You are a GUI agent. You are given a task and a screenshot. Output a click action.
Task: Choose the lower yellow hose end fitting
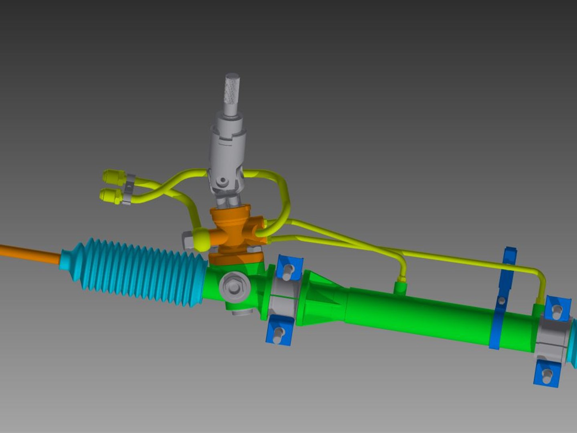[x=110, y=196]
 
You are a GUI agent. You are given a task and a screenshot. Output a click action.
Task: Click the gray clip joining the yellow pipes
[x=129, y=188]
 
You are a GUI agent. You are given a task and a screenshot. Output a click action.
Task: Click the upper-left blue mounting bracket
[x=289, y=269]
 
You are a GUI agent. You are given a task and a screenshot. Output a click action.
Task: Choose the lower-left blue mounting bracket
[x=279, y=331]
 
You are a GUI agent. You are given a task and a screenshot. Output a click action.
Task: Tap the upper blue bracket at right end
[x=557, y=309]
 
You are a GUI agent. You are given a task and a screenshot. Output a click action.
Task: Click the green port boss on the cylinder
[x=400, y=288]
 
